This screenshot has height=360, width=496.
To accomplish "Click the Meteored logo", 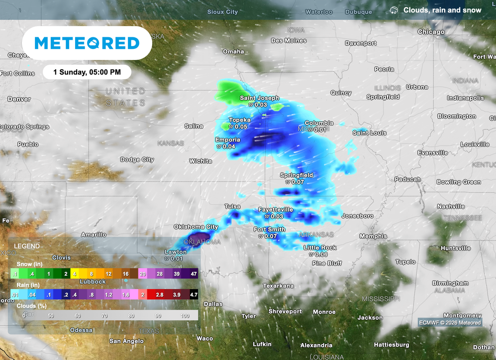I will point(87,43).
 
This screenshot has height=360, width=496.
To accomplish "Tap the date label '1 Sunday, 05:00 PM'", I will point(87,72).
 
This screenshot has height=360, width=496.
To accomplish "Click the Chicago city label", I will point(431,32).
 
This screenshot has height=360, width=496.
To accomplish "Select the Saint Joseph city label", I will point(260,98).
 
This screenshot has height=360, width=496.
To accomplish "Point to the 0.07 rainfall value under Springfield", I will point(297,182).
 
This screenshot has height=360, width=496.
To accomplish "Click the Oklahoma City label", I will point(196,227).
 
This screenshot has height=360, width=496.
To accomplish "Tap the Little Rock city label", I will point(320,248).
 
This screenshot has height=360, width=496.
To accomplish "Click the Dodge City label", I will point(137,159).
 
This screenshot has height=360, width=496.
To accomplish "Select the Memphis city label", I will point(373,236).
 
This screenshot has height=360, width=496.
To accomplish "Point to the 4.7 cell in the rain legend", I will point(193,294).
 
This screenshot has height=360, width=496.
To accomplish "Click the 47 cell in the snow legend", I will point(193,274).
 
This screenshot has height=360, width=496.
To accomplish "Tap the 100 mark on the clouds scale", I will point(185,316).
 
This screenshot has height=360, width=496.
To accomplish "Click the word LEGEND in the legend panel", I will point(27,246).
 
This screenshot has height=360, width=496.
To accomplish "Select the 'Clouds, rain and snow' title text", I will point(442,10).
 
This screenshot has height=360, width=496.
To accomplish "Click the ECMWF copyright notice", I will point(450,323).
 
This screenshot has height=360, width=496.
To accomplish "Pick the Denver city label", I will point(19,99).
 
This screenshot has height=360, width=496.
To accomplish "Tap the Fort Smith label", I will point(269,229).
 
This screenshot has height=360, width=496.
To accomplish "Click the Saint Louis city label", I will point(369,133).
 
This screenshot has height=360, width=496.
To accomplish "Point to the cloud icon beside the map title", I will point(394,10).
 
